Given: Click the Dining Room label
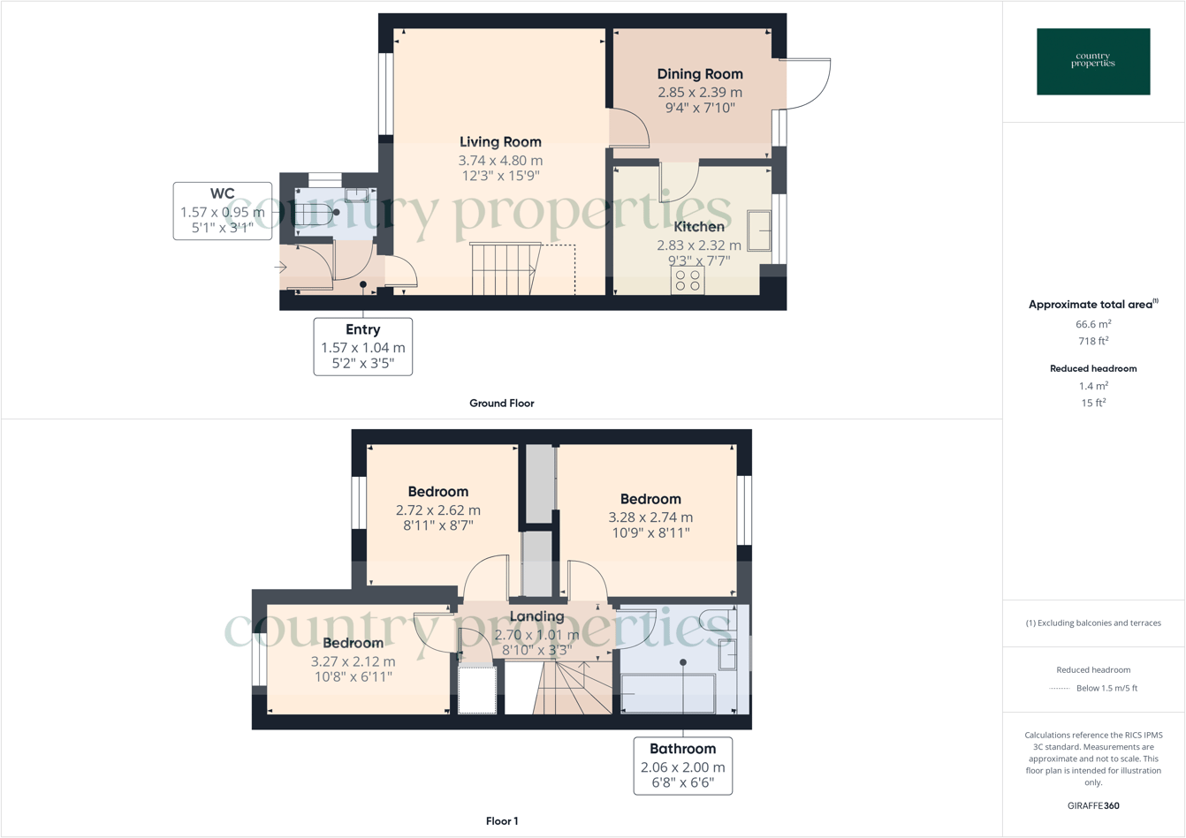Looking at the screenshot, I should click(699, 74).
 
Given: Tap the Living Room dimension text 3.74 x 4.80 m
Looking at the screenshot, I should click(500, 161).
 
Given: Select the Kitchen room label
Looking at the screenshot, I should click(699, 227).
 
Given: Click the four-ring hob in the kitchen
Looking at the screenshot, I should click(688, 281).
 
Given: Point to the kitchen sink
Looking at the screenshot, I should click(759, 230).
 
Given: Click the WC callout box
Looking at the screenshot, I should click(223, 211).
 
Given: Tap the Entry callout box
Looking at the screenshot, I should click(362, 346).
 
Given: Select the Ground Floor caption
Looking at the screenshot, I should click(501, 404).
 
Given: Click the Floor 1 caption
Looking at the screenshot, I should click(502, 821).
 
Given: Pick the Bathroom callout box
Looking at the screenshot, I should click(682, 766).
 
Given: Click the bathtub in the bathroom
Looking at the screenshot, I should click(668, 693).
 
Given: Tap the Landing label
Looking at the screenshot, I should click(536, 616).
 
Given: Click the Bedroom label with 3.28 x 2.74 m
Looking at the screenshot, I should click(650, 499).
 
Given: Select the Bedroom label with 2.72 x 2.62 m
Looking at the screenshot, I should click(438, 492).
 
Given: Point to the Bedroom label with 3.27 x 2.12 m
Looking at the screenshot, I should click(353, 643).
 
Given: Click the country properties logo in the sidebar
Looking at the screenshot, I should click(1093, 62).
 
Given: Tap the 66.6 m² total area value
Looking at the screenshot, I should click(1093, 324).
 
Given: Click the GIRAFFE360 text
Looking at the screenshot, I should click(1093, 805).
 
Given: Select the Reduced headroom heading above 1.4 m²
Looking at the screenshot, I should click(1093, 368).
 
